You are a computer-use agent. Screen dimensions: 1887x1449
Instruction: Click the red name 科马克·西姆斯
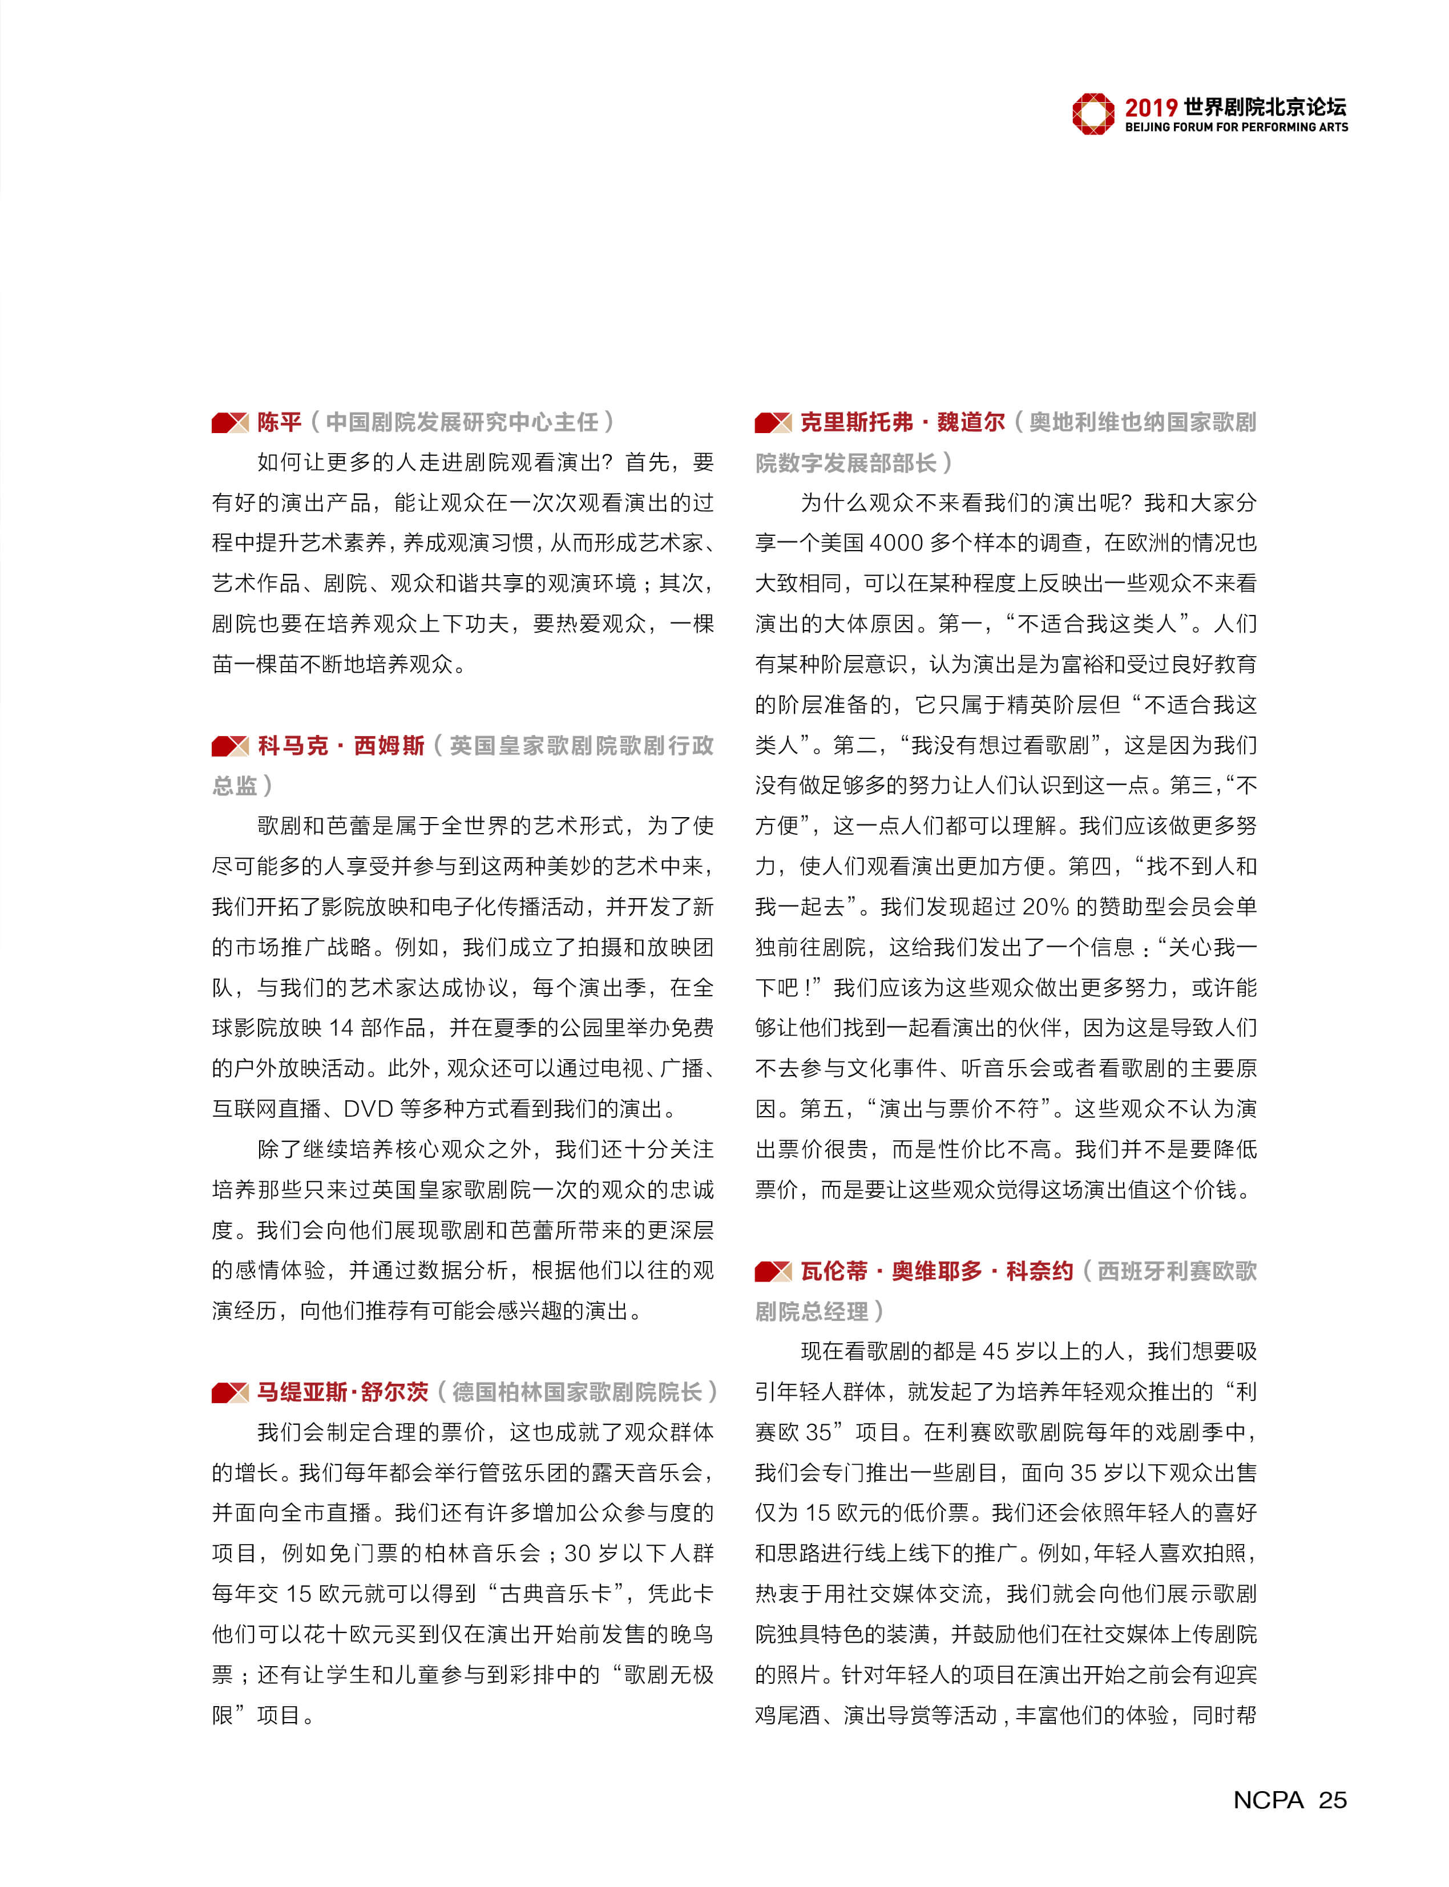[x=341, y=745]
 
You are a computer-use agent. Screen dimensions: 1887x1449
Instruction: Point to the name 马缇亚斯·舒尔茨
[x=342, y=1392]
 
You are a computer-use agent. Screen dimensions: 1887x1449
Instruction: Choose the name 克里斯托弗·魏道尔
[x=902, y=422]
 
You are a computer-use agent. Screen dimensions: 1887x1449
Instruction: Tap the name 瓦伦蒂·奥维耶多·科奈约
[x=937, y=1271]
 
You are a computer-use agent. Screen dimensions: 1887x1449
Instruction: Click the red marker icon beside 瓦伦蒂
[x=773, y=1271]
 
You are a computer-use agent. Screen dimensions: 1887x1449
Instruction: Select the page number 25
[x=1333, y=1800]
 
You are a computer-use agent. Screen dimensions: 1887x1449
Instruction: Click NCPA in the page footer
[x=1268, y=1800]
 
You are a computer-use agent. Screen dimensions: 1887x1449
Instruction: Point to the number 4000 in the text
[x=896, y=543]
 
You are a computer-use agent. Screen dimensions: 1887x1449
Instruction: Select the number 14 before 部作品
[x=341, y=1028]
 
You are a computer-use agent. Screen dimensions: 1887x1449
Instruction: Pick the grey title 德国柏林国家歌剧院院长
[x=577, y=1392]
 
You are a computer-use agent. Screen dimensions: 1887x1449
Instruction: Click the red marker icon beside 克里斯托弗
[x=773, y=423]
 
